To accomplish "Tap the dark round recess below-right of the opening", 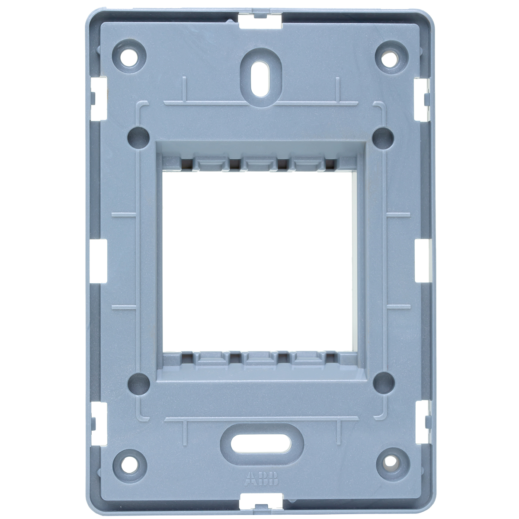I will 383,381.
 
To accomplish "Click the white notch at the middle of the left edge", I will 99,259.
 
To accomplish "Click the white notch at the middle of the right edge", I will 421,259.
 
